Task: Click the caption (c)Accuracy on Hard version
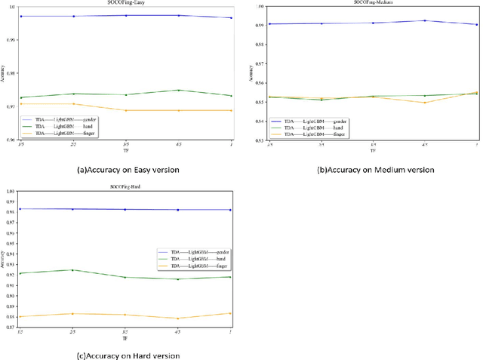click(x=125, y=355)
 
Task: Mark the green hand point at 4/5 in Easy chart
click(x=178, y=91)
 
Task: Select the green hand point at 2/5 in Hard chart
click(x=73, y=270)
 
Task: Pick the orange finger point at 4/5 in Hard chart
click(x=178, y=318)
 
